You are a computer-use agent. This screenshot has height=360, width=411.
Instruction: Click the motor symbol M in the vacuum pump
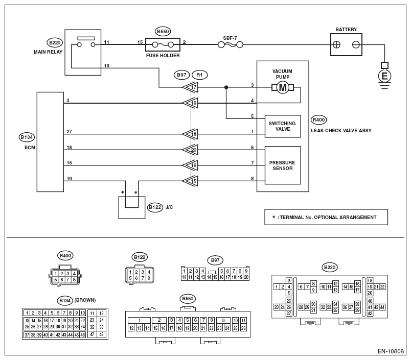point(283,87)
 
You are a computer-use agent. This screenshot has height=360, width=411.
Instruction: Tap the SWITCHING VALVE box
point(283,126)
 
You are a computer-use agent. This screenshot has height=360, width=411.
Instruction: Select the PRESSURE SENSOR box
point(283,165)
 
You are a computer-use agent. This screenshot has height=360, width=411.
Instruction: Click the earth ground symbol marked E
point(384,76)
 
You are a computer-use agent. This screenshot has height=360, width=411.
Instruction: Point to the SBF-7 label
point(230,38)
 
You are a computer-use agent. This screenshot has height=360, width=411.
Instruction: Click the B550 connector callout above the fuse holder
point(163,32)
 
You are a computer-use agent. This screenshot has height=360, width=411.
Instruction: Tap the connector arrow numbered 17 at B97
point(190,87)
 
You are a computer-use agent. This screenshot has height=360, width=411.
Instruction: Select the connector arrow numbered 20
point(190,150)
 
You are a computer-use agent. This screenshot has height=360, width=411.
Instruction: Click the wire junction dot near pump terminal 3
point(226,87)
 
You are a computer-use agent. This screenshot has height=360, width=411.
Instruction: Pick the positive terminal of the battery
point(336,45)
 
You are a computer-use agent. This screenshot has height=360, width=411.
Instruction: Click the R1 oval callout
point(199,75)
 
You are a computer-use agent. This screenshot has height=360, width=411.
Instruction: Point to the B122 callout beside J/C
point(155,207)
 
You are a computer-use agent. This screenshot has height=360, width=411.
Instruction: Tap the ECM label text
point(30,148)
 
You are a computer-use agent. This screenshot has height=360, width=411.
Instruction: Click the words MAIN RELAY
point(48,52)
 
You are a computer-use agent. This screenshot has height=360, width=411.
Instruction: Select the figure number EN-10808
point(391,351)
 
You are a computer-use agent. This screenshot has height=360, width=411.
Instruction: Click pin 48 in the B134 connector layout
point(101,334)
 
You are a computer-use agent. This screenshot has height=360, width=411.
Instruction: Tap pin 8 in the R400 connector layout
point(74,280)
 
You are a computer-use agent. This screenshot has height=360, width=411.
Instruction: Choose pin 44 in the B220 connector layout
point(382,307)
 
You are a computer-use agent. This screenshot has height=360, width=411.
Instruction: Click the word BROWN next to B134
point(85,300)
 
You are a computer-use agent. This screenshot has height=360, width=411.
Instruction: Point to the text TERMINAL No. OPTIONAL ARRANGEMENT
point(328,218)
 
